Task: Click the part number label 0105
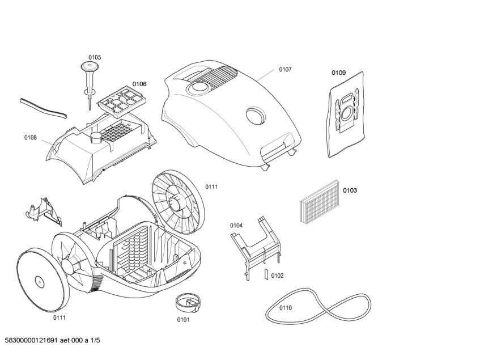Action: tap(95, 57)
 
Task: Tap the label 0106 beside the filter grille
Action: tap(139, 84)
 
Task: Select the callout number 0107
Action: tap(285, 70)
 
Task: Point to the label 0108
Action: tap(31, 137)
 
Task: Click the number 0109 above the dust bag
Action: tap(338, 73)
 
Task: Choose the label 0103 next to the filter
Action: tap(350, 190)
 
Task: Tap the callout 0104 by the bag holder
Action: tap(236, 225)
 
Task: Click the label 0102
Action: tap(277, 276)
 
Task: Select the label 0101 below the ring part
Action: tap(183, 319)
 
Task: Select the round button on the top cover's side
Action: tap(255, 116)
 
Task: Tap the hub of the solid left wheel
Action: tap(39, 281)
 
